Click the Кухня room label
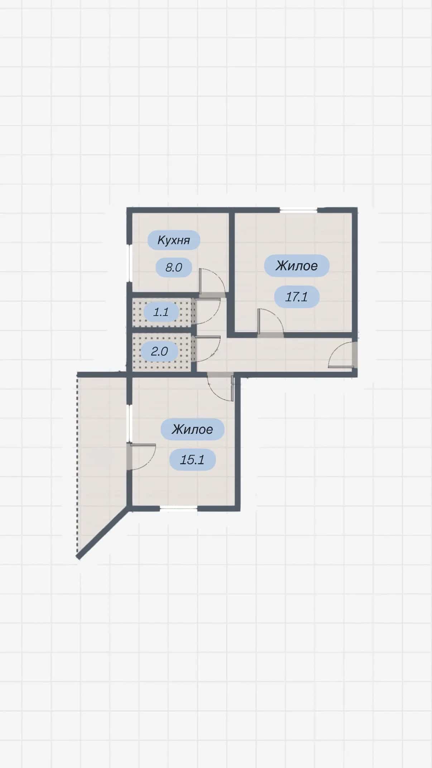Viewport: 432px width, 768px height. tap(174, 240)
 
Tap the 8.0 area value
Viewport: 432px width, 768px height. tap(174, 267)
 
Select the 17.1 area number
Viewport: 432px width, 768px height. tap(297, 297)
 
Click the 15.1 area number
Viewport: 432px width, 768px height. tap(192, 460)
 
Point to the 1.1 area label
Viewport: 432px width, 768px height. tap(161, 312)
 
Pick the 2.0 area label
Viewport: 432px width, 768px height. tap(159, 351)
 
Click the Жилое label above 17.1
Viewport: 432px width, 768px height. tap(297, 266)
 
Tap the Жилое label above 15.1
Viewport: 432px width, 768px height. tap(192, 429)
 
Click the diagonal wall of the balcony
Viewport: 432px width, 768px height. tap(103, 532)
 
